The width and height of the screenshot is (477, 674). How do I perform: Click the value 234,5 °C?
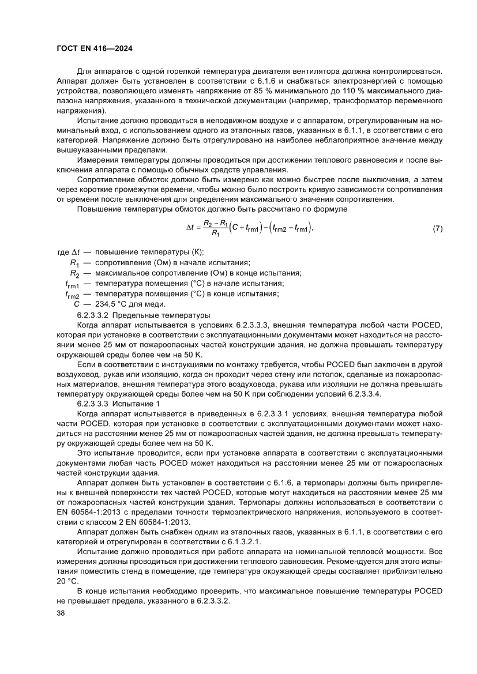point(113,304)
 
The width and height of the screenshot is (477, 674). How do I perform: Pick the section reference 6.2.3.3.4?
point(364,394)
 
